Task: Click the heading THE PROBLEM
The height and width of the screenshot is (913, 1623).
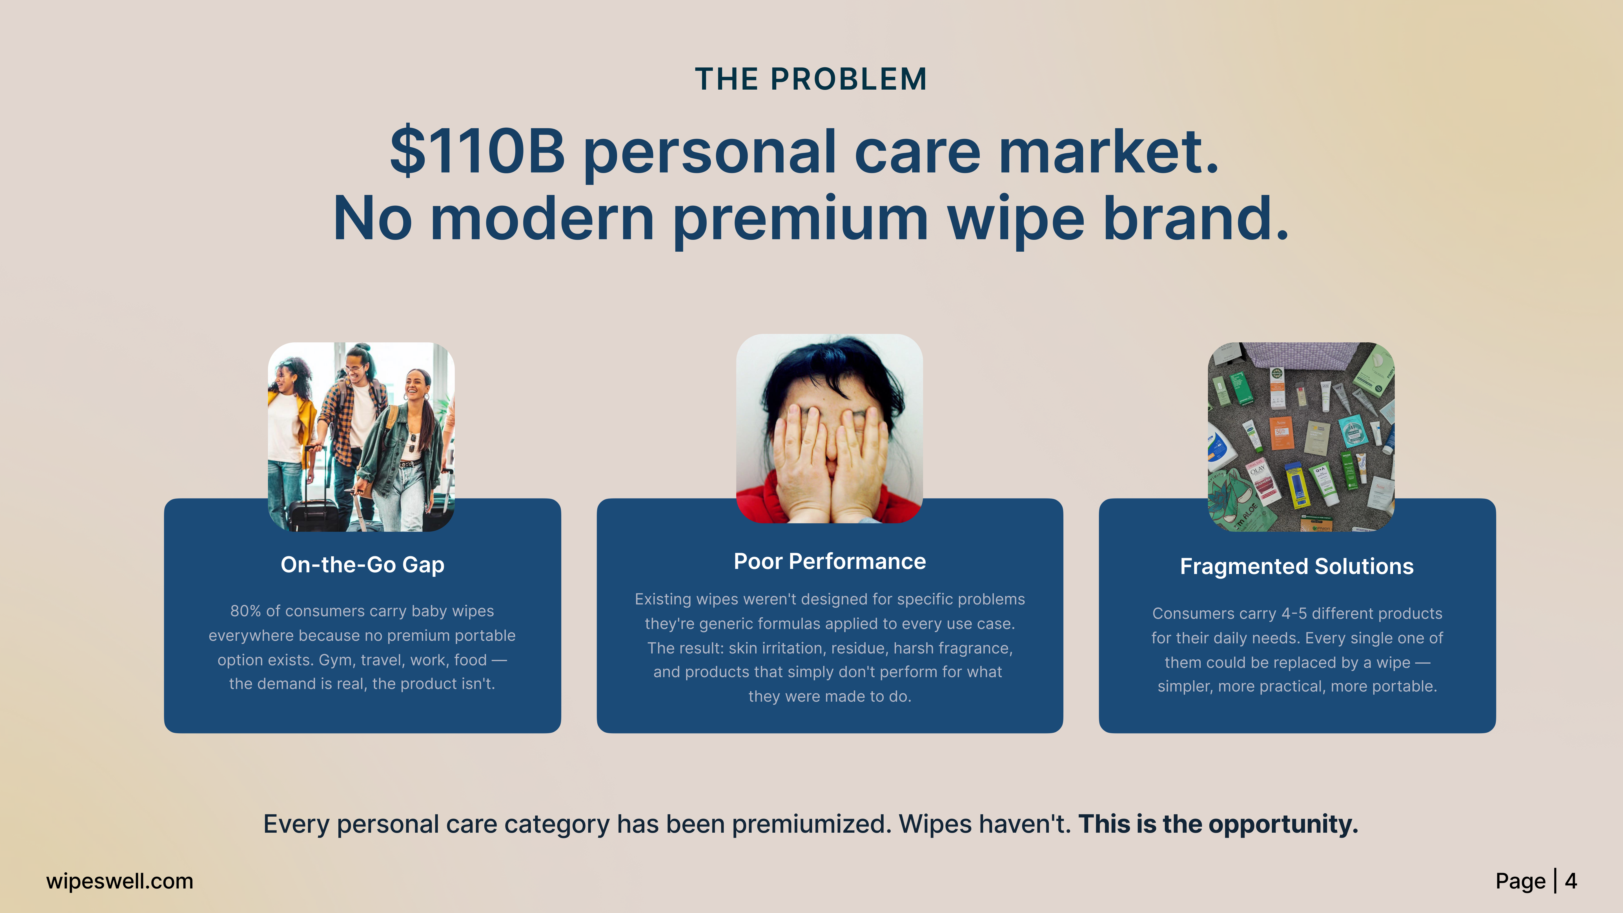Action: (x=811, y=79)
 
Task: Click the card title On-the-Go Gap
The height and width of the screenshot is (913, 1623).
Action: (x=362, y=564)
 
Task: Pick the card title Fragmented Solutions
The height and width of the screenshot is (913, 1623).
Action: (x=1297, y=566)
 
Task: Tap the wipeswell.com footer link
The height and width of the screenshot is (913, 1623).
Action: (x=120, y=881)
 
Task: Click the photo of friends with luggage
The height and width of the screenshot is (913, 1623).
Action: (x=361, y=437)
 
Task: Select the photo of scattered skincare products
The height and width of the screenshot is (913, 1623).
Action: (x=1301, y=437)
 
